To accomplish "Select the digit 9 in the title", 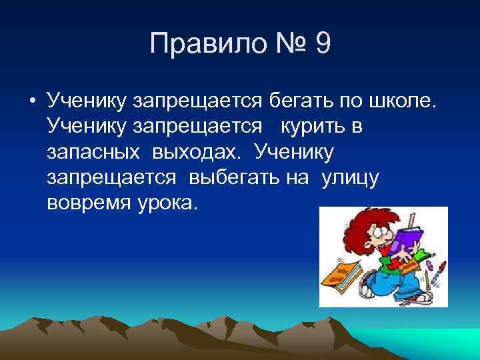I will [322, 45].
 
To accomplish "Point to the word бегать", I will [298, 101].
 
